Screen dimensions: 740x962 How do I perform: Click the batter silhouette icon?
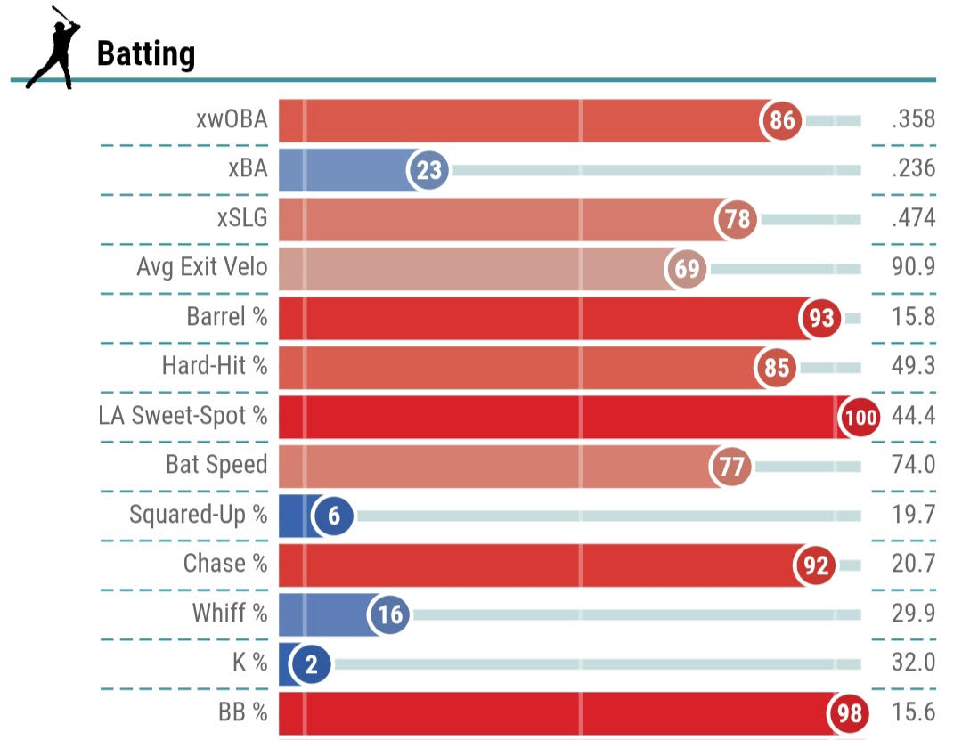pos(52,47)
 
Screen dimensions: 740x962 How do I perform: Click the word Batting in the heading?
pos(145,53)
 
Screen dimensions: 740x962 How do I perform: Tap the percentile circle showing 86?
pos(782,120)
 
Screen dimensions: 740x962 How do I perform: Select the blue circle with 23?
pos(429,169)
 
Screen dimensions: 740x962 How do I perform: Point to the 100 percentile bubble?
pos(859,417)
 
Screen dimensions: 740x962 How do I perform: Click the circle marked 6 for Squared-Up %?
pos(333,516)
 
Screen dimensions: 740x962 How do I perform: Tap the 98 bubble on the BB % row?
pos(848,713)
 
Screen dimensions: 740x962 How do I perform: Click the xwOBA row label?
pos(232,119)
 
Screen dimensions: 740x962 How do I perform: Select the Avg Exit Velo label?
pos(201,266)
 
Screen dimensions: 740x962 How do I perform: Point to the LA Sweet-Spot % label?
pos(183,415)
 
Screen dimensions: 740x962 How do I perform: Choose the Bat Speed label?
pos(216,465)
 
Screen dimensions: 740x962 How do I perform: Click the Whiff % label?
pos(229,613)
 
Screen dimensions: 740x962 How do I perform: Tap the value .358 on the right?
pos(913,119)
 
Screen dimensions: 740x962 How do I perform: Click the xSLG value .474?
pos(913,218)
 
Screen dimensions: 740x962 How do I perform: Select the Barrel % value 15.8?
pos(913,317)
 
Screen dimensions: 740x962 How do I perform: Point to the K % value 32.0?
pos(913,663)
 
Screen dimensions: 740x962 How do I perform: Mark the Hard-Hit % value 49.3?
pos(913,366)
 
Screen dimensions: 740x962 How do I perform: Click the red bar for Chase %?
pos(534,565)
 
